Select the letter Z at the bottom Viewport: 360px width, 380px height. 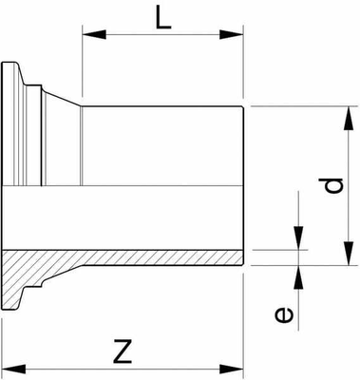pyautogui.click(x=121, y=352)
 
